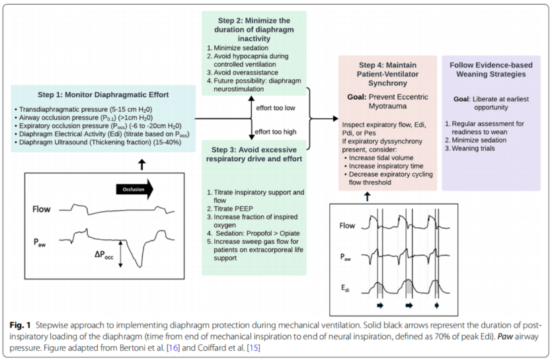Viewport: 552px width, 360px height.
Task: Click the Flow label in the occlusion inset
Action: click(40, 211)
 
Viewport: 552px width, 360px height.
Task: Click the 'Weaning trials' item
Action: click(475, 148)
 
